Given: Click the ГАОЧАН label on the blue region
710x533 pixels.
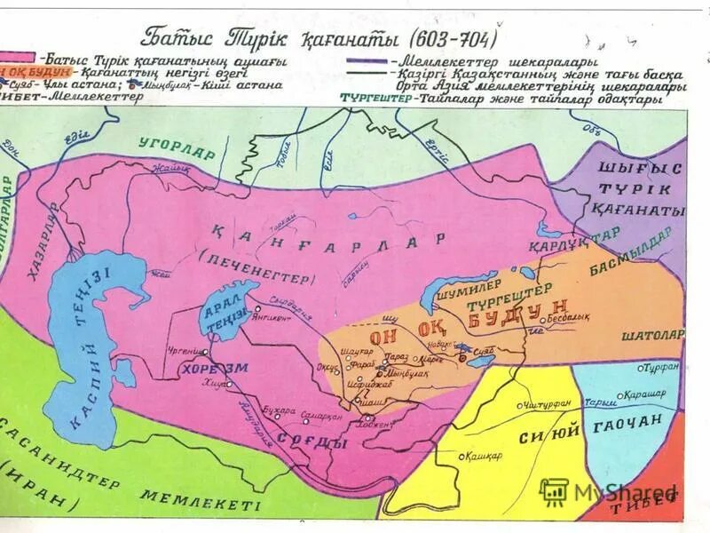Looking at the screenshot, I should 631,426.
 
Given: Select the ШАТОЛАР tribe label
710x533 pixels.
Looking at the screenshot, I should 653,335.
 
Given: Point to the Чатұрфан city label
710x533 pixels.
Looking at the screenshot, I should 543,405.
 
